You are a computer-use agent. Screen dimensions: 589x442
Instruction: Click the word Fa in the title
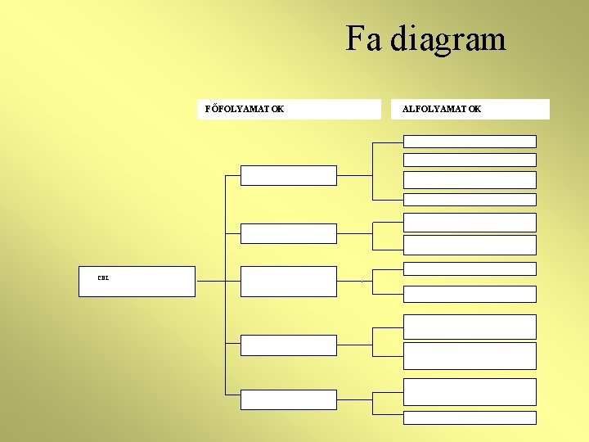click(363, 38)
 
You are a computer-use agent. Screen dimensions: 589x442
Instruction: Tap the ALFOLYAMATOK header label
click(442, 109)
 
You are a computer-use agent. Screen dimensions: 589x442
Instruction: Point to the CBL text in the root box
click(103, 278)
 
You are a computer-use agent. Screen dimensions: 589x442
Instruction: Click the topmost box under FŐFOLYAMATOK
click(288, 175)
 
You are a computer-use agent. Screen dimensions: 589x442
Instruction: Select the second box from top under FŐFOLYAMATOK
click(288, 233)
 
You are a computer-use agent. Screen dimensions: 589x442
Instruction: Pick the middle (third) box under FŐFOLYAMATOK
click(288, 281)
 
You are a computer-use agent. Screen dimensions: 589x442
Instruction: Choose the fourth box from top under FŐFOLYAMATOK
click(288, 345)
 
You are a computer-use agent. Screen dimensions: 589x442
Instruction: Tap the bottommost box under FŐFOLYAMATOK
click(288, 399)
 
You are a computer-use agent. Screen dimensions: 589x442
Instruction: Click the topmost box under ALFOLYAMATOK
click(470, 141)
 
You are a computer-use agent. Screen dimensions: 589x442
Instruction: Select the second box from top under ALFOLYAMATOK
click(470, 160)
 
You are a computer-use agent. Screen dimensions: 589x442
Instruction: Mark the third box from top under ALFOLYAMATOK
click(470, 180)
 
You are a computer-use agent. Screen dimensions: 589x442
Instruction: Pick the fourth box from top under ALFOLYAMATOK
click(470, 199)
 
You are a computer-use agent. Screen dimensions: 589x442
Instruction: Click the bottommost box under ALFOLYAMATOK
click(470, 417)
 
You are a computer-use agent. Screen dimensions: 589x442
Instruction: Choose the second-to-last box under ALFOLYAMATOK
click(470, 391)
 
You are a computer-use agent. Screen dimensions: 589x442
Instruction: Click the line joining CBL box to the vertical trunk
click(210, 281)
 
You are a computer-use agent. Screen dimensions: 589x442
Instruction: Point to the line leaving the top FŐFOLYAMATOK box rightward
click(354, 175)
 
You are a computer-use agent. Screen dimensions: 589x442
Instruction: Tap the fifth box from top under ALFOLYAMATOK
click(470, 222)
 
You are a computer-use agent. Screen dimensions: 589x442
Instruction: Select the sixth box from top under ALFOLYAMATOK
click(470, 245)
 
